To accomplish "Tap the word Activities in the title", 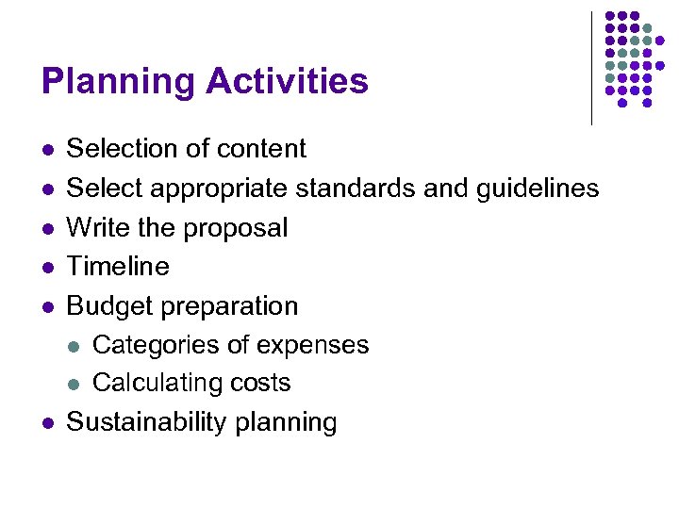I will click(x=287, y=81).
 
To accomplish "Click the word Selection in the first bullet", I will click(x=115, y=149).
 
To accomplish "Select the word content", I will click(x=261, y=149).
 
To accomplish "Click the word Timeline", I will click(x=118, y=267).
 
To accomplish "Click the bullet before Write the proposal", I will click(x=48, y=228).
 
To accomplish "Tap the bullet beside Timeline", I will click(x=48, y=268).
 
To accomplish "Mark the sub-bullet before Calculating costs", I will click(x=75, y=384).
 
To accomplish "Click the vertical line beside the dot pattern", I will click(x=592, y=68).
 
